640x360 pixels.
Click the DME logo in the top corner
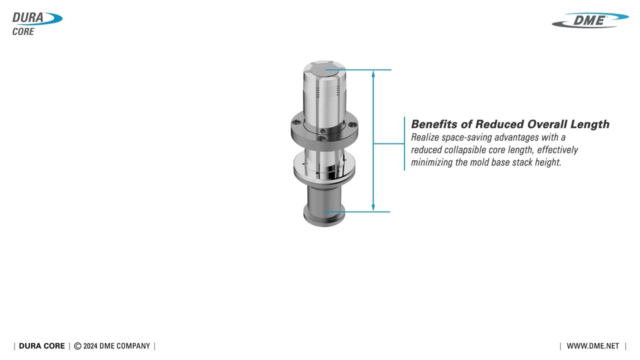(590, 20)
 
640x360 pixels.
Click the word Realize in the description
(425, 137)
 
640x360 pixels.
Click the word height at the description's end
(548, 162)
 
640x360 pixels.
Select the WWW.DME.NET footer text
(592, 346)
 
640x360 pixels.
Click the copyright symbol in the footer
(77, 346)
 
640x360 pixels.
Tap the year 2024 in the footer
(90, 346)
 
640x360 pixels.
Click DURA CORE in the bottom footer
(42, 346)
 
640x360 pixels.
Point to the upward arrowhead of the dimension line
(373, 73)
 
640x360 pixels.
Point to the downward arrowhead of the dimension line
(373, 208)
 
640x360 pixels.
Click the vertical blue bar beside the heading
(404, 143)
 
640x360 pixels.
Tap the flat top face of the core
(325, 68)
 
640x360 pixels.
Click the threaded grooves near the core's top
(325, 89)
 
